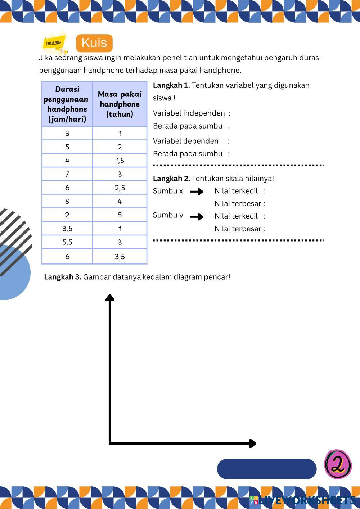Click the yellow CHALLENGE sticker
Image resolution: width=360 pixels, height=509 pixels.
(54, 42)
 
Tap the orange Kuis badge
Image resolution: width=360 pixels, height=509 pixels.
(94, 43)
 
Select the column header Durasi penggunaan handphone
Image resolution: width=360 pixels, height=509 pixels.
(67, 104)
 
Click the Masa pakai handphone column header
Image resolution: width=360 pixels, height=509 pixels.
(120, 104)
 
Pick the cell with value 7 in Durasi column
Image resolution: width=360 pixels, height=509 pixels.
(67, 174)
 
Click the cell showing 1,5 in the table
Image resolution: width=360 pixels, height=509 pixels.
(120, 161)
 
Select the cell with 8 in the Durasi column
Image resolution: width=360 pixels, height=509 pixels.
(67, 201)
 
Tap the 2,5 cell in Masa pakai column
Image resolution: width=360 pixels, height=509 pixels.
(120, 188)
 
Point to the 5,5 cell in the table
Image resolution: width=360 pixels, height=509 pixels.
(67, 242)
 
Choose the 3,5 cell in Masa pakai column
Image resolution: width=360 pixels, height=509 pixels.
(120, 256)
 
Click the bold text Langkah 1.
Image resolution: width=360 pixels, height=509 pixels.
(171, 86)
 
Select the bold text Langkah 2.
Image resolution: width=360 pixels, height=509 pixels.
(171, 179)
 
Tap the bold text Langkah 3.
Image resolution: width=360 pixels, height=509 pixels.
(63, 277)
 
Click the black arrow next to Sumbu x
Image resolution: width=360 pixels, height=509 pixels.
(197, 192)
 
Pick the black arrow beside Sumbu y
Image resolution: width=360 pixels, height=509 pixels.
(197, 217)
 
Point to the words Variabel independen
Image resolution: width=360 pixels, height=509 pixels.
(189, 113)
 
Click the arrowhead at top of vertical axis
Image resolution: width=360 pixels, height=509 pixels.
(110, 297)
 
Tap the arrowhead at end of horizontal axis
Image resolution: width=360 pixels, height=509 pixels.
(253, 443)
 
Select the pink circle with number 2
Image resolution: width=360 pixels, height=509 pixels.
(338, 464)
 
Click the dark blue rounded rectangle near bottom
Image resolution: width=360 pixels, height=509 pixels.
(266, 469)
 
